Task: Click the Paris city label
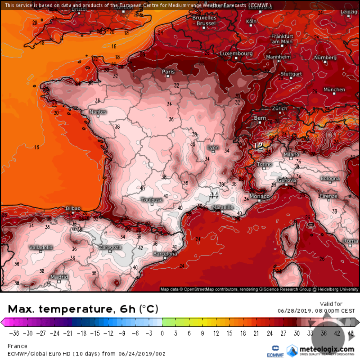coord(168,72)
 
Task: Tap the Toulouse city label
coord(152,199)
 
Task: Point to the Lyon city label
coord(212,148)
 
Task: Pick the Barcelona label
coord(165,254)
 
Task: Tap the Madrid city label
coord(56,277)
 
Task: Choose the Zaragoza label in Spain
coord(110,247)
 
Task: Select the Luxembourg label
coord(236,54)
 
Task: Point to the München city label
coord(334,90)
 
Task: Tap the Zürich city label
coord(279,109)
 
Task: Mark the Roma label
coord(351,241)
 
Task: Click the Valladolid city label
coord(41,247)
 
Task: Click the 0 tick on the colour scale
coord(162,333)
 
